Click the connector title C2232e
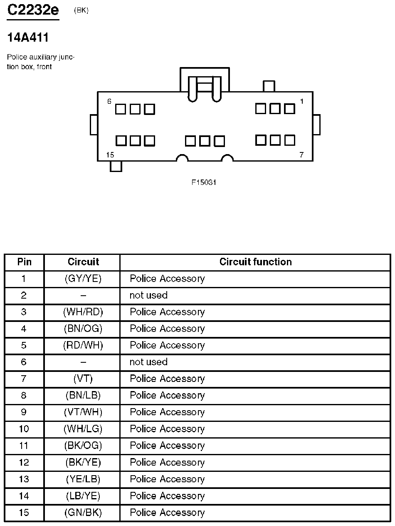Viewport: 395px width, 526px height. coord(33,10)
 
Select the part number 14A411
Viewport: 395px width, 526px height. coord(28,38)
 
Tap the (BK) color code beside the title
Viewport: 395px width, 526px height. coord(81,11)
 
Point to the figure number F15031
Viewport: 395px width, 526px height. coord(204,182)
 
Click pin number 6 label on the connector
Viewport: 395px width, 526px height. coord(109,101)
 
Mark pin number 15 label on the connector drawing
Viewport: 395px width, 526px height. coord(110,155)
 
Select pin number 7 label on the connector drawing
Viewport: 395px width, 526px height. coord(301,155)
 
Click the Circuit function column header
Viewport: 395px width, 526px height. coord(255,262)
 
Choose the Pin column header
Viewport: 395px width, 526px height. coord(24,262)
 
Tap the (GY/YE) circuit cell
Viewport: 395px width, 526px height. coord(83,279)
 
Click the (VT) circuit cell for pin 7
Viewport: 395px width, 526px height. coord(83,379)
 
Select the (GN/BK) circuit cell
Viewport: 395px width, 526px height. coord(83,512)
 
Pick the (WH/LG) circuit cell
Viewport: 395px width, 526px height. coord(83,429)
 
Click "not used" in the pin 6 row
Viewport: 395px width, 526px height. coord(148,362)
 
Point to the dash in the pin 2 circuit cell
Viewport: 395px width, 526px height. coord(83,295)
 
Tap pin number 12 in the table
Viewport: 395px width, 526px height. coord(24,462)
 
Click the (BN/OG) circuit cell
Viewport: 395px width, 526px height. coord(83,329)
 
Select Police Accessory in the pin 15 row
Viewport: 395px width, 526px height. coord(167,512)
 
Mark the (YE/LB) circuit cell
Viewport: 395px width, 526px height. coord(83,479)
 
